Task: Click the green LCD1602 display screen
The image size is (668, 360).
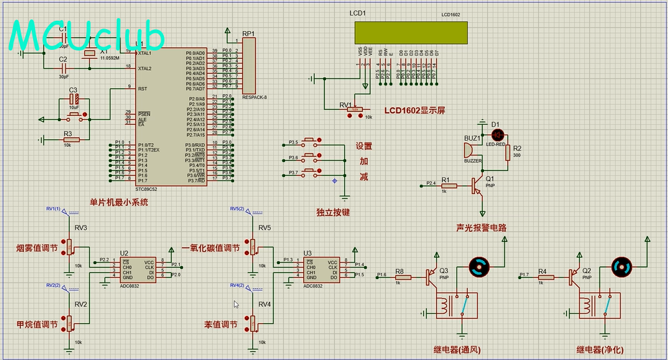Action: [x=411, y=32]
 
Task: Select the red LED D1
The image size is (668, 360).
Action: [x=498, y=135]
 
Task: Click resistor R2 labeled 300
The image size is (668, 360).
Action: [x=507, y=156]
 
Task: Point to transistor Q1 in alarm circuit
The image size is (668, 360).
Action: [x=478, y=186]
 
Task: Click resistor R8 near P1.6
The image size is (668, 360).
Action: [x=400, y=277]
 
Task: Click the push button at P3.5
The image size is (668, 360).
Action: [x=309, y=142]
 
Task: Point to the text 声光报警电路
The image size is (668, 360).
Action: [x=481, y=228]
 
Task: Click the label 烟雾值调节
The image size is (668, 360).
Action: [x=37, y=248]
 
